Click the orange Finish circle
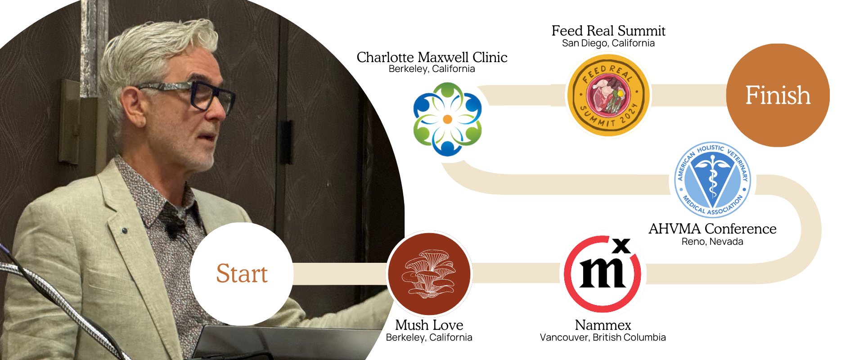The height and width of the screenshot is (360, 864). [x=778, y=95]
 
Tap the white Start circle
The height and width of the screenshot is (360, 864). [x=242, y=274]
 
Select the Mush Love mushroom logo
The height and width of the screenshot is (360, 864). [x=429, y=274]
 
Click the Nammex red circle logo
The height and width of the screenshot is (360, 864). [x=603, y=274]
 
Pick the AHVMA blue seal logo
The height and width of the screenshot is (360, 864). [x=712, y=180]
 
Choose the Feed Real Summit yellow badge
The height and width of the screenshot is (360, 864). [x=608, y=95]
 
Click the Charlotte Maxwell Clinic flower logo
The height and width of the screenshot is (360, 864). [x=447, y=119]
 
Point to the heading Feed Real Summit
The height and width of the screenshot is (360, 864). [x=608, y=31]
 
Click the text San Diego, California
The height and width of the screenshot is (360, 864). [x=608, y=43]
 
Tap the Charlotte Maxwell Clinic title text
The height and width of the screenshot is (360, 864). [x=432, y=57]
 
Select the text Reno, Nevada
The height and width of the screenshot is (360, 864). [x=712, y=242]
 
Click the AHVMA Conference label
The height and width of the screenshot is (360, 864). [x=712, y=229]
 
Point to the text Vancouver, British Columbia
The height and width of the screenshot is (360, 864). [x=603, y=337]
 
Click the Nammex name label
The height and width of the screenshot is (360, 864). [x=603, y=324]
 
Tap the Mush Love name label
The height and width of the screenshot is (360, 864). [x=429, y=324]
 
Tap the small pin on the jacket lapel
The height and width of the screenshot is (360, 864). [x=125, y=230]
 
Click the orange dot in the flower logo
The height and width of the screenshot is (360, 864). [x=447, y=119]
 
